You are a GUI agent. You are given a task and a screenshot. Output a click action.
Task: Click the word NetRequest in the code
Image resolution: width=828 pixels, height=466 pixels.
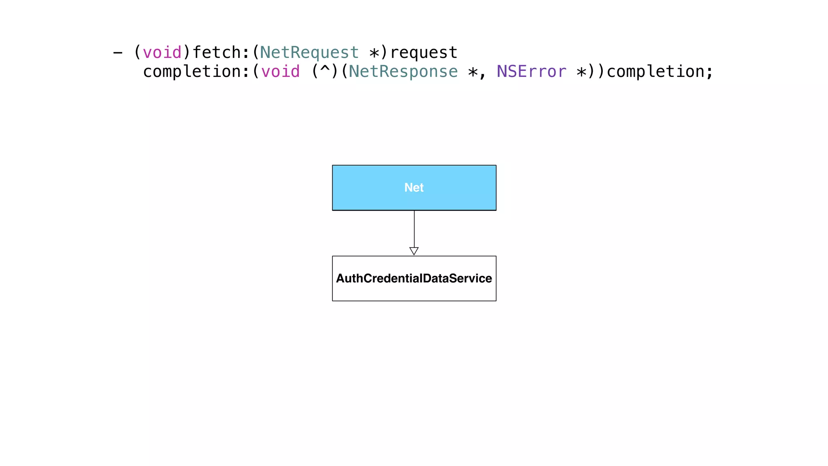(309, 53)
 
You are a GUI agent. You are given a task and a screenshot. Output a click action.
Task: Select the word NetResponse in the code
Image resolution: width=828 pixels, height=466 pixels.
(403, 72)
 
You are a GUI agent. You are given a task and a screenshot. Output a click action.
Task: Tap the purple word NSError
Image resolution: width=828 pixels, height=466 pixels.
(531, 72)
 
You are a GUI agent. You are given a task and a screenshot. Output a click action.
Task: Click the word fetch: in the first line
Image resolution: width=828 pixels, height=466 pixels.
(221, 53)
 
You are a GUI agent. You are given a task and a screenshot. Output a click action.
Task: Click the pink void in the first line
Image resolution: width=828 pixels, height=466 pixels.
(162, 53)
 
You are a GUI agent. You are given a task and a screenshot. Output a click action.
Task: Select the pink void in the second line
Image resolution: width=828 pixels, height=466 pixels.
(280, 72)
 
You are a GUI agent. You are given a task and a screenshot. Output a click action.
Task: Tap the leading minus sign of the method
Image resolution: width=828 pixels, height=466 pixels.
(118, 53)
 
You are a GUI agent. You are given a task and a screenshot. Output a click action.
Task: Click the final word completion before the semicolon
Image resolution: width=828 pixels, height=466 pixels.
(655, 72)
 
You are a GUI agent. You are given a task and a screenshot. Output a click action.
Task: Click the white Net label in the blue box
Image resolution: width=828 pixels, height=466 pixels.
(414, 188)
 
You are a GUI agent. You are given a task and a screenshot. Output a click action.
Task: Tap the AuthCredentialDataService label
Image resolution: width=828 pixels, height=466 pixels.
(414, 278)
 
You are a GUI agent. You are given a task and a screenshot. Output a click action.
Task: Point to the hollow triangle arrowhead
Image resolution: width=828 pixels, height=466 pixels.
(414, 251)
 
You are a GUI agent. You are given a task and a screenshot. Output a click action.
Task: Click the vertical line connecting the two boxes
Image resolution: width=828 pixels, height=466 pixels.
(414, 229)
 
